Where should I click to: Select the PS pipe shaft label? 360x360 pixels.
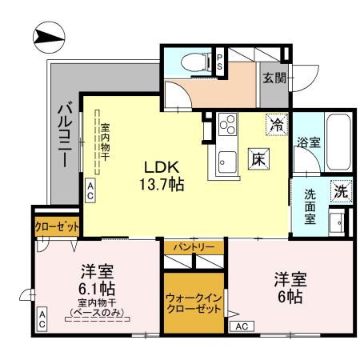click(x=221, y=62)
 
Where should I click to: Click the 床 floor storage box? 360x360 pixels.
click(x=258, y=158)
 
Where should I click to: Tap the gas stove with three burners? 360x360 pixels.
click(x=226, y=125)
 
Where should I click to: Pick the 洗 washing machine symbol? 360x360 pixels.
click(x=340, y=192)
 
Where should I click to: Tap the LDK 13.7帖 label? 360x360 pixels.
click(x=163, y=175)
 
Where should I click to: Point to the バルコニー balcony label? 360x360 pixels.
click(x=65, y=135)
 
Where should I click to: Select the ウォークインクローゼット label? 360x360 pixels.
click(x=194, y=303)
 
